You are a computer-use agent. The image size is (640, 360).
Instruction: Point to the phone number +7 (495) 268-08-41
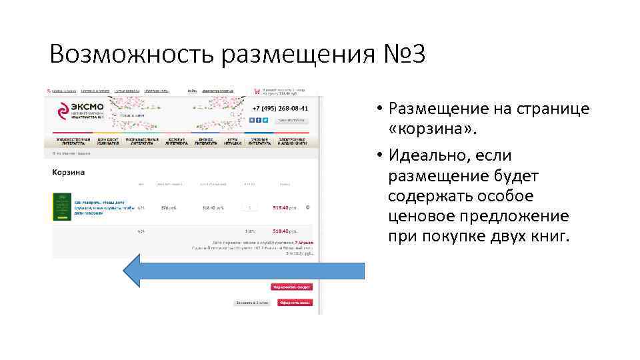tap(280, 109)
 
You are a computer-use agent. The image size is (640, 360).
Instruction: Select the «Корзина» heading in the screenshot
tap(69, 172)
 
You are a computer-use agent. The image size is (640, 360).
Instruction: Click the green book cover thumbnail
tap(62, 207)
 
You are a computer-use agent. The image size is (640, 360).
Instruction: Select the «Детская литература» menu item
tap(176, 142)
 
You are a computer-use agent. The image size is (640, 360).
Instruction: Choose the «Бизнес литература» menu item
tap(207, 142)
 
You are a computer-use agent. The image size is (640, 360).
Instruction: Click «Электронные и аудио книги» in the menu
tap(296, 142)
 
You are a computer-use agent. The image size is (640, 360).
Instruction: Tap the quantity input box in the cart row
tap(250, 207)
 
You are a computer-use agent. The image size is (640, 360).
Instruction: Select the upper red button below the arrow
tap(291, 287)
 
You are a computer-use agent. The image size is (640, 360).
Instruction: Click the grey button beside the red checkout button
tap(251, 303)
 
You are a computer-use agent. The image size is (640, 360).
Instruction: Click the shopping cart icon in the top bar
tap(257, 91)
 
